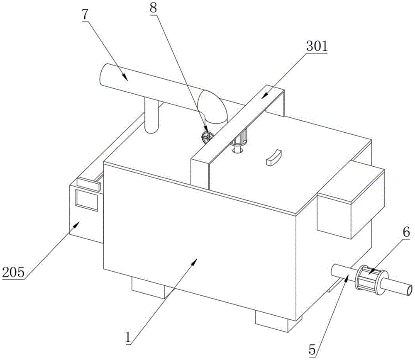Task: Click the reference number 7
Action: pyautogui.click(x=85, y=15)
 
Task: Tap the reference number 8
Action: pyautogui.click(x=153, y=8)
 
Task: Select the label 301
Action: pyautogui.click(x=317, y=46)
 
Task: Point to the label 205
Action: pyautogui.click(x=13, y=272)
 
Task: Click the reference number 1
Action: pyautogui.click(x=128, y=338)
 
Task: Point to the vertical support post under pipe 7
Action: pyautogui.click(x=151, y=115)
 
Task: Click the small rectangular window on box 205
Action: pyautogui.click(x=87, y=199)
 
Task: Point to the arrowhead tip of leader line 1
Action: pyautogui.click(x=197, y=259)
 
